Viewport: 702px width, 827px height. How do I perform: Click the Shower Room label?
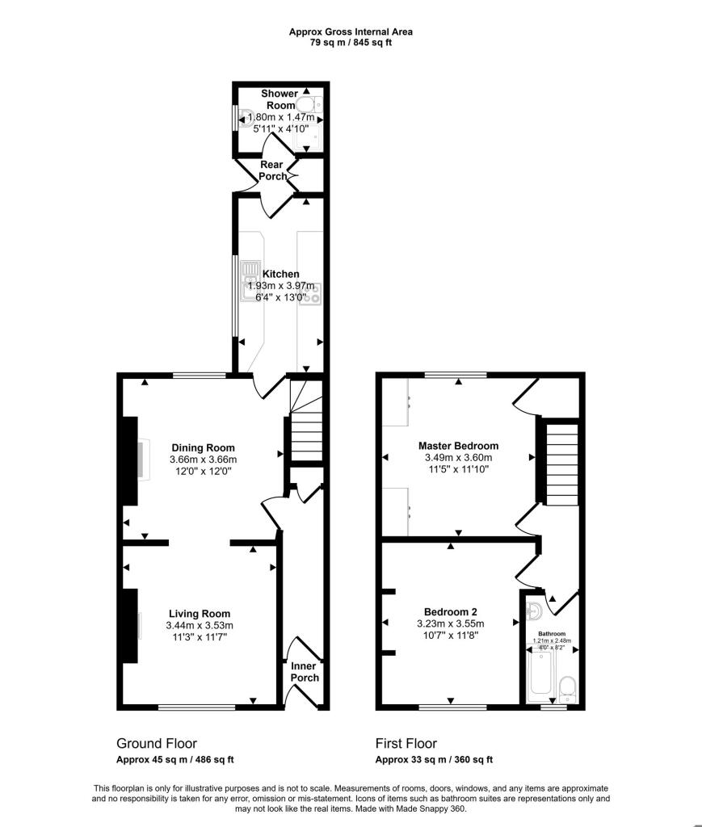point(279,99)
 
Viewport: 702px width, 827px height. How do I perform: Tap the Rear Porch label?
point(272,170)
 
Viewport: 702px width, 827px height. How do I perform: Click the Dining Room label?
point(203,448)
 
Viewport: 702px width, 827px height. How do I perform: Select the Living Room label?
point(199,613)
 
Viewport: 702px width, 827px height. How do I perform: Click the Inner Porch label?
point(305,672)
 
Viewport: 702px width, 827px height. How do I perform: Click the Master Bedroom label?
point(458,446)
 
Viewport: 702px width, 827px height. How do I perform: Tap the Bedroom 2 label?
point(450,611)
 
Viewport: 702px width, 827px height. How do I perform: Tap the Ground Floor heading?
point(157,744)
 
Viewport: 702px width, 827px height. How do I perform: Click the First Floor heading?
point(406,744)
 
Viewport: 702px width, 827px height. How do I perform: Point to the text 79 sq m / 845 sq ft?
point(351,43)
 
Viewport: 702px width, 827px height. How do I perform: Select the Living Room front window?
point(196,707)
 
